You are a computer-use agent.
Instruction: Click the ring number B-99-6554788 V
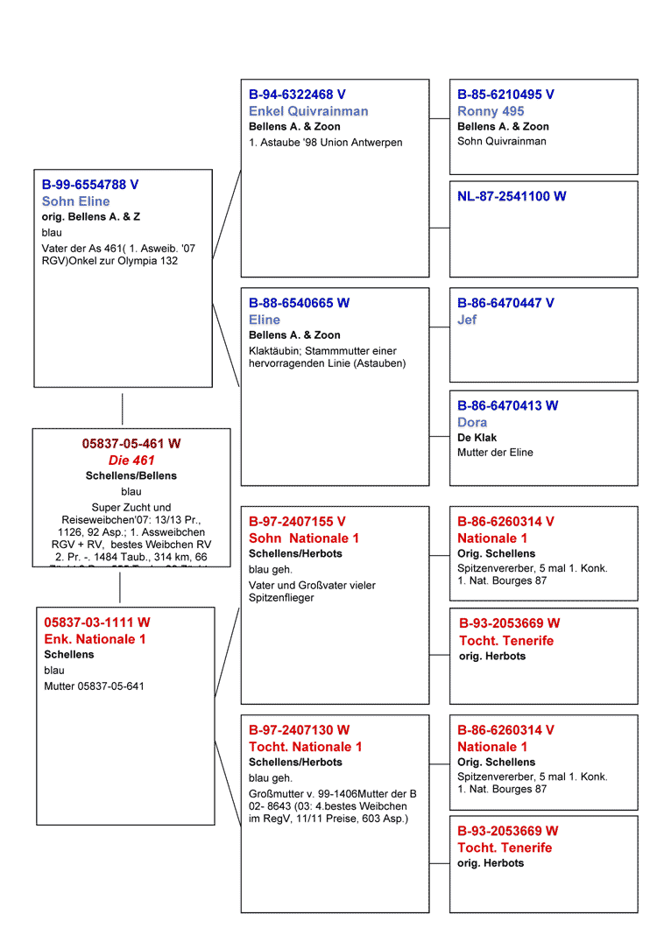(x=90, y=185)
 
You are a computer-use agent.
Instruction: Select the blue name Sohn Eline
(x=76, y=201)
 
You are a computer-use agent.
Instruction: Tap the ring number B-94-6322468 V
(x=297, y=95)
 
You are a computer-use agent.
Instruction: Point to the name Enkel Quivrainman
(x=308, y=111)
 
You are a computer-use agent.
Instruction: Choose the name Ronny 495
(x=491, y=111)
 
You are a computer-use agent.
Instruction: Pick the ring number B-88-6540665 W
(x=299, y=303)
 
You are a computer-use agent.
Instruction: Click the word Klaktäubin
(x=273, y=351)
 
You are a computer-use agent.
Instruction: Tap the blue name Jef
(x=467, y=320)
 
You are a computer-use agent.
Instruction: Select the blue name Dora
(x=472, y=422)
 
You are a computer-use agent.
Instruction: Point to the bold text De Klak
(x=477, y=437)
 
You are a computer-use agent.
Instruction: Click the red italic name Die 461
(x=131, y=460)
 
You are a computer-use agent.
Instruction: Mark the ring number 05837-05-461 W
(x=131, y=444)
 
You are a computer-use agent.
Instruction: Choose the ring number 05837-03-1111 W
(x=97, y=622)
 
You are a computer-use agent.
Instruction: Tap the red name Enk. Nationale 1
(x=95, y=639)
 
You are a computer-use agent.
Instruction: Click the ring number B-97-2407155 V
(x=297, y=521)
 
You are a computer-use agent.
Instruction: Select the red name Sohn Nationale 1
(x=304, y=538)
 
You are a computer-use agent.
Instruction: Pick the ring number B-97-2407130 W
(x=299, y=730)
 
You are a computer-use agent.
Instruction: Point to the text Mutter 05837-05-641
(x=94, y=686)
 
